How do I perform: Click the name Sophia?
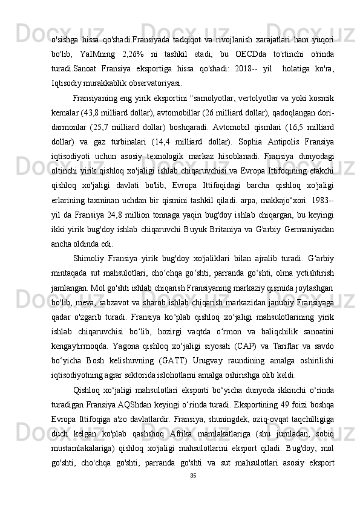click(275, 144)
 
